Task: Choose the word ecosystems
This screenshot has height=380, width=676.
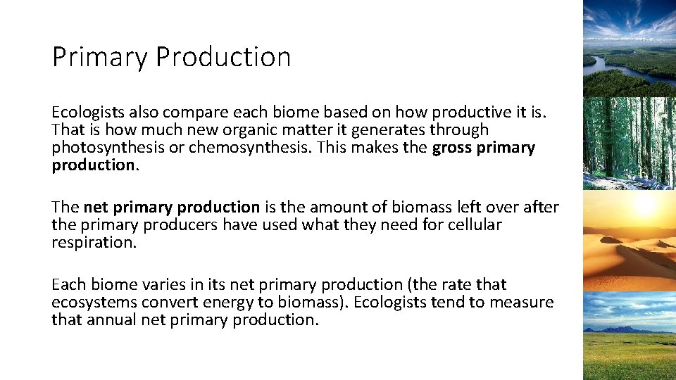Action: coord(94,302)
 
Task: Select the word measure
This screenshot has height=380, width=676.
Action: coord(523,302)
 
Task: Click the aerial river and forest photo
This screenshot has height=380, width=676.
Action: coord(630,47)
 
